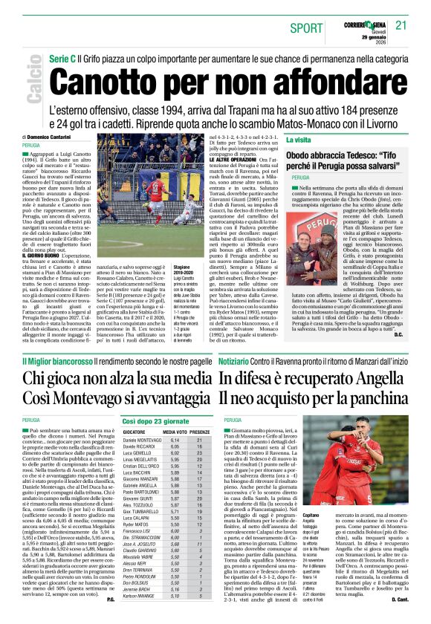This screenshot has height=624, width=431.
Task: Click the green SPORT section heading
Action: pyautogui.click(x=307, y=27)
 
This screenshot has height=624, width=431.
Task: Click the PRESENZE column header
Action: pyautogui.click(x=200, y=432)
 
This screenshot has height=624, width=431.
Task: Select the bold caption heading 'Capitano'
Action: pyautogui.click(x=294, y=514)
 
